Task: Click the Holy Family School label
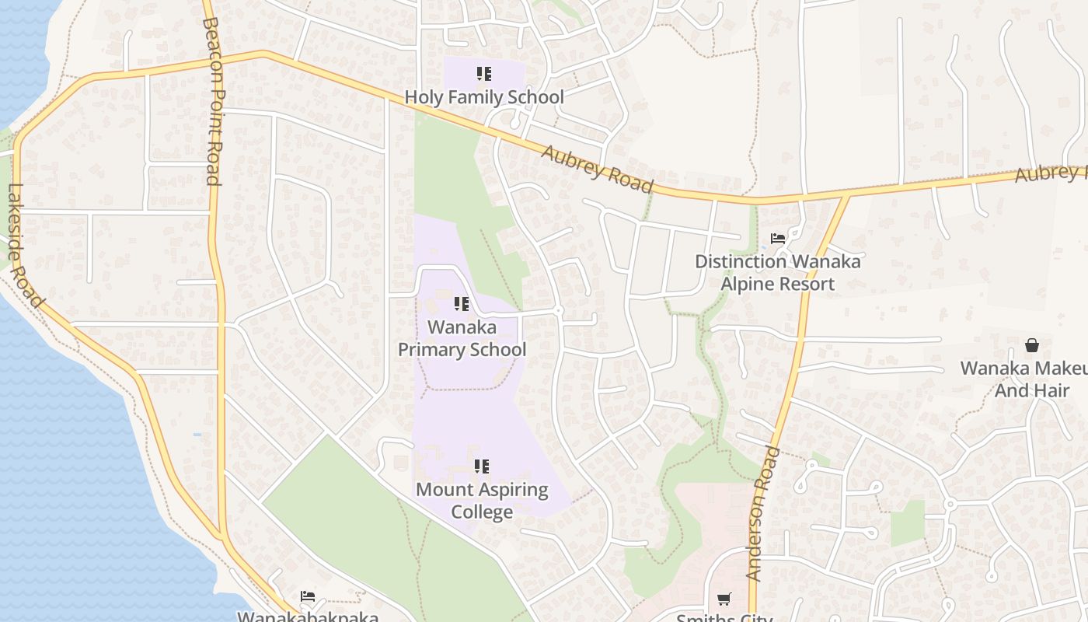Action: [484, 97]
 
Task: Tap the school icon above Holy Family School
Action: [484, 74]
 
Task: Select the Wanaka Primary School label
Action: [462, 338]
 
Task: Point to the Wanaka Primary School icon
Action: [462, 304]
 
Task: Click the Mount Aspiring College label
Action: [482, 501]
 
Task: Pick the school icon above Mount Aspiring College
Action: [482, 466]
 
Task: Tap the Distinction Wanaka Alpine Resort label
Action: [777, 272]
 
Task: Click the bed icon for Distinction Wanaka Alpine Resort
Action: [777, 238]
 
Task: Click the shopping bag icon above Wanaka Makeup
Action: [1032, 344]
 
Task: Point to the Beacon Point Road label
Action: [211, 101]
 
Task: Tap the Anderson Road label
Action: [763, 513]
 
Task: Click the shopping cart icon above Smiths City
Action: [724, 599]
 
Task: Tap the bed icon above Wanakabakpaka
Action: [308, 597]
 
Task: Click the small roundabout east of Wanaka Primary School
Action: [558, 311]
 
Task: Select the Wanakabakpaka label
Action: [308, 617]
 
